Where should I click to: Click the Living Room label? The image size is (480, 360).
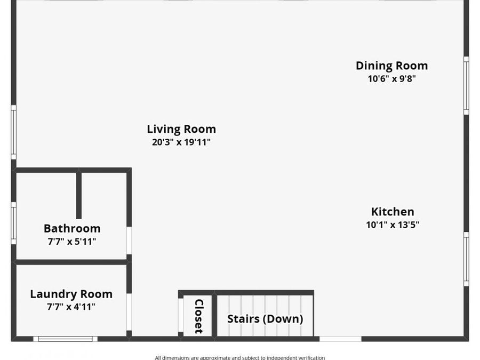[181, 129]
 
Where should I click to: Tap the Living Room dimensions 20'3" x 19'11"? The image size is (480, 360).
[181, 142]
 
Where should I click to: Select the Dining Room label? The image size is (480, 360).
[392, 66]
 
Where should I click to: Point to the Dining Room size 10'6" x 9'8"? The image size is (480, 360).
[392, 79]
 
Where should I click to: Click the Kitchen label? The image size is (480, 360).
[393, 212]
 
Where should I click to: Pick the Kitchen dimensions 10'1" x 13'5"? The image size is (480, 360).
[393, 225]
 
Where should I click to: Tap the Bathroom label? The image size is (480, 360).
[72, 228]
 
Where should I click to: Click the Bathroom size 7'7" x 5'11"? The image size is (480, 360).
[72, 242]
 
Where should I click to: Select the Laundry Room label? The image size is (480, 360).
[71, 294]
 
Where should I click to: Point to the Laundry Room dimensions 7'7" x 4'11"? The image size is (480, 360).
[71, 307]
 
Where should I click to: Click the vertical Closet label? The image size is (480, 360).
[199, 316]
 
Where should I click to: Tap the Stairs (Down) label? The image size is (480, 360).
[265, 319]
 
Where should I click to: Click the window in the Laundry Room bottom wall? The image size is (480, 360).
[65, 339]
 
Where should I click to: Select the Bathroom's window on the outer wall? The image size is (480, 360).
[13, 223]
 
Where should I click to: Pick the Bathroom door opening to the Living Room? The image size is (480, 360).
[129, 241]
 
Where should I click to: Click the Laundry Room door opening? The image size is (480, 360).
[129, 312]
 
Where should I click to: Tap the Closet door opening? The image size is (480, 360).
[181, 315]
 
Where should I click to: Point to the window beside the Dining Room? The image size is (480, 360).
[466, 85]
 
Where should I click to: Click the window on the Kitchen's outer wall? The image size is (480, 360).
[466, 259]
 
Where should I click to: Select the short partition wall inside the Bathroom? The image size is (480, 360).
[79, 196]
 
